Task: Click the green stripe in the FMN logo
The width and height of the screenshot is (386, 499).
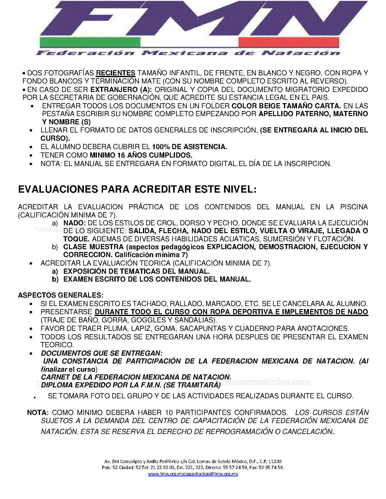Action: [90, 42]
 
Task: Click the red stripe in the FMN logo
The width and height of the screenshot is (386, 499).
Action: [289, 42]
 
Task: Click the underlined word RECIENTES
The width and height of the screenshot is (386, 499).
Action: [115, 73]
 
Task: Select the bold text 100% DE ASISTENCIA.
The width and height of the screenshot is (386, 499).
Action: [189, 147]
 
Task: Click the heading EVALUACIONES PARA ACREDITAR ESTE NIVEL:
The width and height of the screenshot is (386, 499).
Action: [137, 189]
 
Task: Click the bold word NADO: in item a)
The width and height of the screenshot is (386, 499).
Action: [74, 223]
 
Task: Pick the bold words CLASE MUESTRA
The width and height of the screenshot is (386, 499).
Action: [93, 247]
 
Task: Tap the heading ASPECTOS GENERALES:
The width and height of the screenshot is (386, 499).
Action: [61, 295]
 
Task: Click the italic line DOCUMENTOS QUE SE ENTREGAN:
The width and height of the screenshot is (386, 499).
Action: [102, 353]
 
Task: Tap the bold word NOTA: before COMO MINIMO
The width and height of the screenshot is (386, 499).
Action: [38, 413]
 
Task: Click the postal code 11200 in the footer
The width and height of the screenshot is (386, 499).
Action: [275, 461]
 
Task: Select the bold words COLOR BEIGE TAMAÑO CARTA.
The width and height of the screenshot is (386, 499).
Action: [286, 106]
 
